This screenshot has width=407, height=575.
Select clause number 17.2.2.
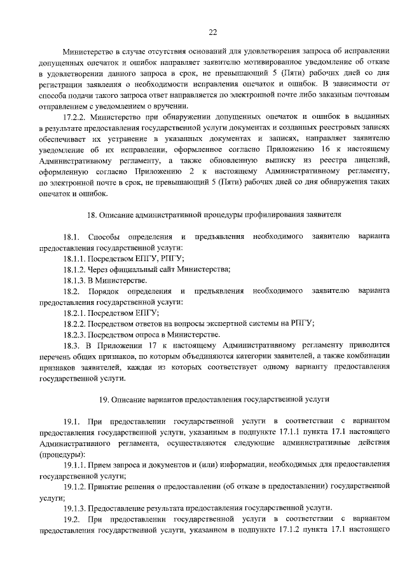(76, 117)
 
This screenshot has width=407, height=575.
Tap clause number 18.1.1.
(78, 259)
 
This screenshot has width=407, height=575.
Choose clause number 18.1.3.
(78, 280)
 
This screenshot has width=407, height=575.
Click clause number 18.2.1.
(78, 313)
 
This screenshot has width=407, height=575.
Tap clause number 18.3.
(73, 345)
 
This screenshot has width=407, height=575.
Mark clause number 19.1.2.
(78, 487)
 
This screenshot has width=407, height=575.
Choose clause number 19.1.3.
(78, 508)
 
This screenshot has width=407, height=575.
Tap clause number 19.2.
(73, 519)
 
